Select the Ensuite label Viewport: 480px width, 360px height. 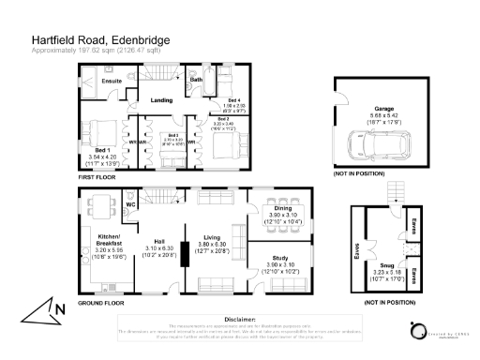(112, 82)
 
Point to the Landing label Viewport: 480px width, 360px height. (160, 99)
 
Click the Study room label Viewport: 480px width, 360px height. (280, 257)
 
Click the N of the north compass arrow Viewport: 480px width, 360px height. (60, 308)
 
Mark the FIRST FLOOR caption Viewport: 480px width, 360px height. (97, 176)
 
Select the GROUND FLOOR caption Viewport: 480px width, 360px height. (100, 303)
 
